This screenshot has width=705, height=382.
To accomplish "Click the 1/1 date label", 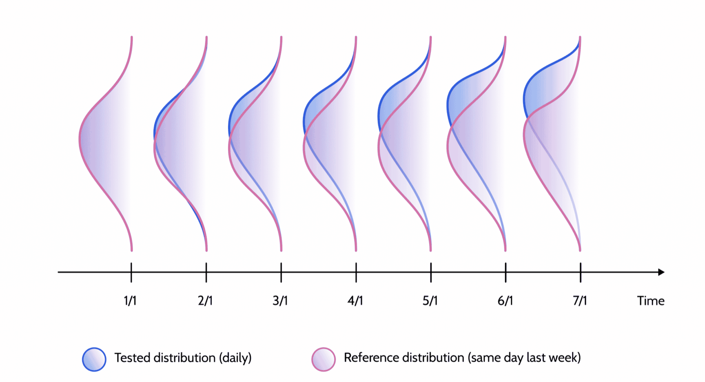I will (x=130, y=301).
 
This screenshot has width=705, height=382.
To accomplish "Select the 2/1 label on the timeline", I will (x=205, y=301).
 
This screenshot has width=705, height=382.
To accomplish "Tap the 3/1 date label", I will (x=280, y=301).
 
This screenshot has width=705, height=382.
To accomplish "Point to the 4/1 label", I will (x=355, y=301).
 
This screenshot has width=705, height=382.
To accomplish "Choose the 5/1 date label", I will (x=430, y=301).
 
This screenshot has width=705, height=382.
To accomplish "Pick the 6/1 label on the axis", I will (x=505, y=301).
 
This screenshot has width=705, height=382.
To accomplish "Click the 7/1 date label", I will (x=580, y=301).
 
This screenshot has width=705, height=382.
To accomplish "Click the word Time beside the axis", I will (x=651, y=301).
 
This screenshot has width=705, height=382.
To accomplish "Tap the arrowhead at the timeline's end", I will (x=661, y=272).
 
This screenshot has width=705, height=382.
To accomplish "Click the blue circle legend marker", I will (x=94, y=359).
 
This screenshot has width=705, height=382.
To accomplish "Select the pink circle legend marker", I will (x=323, y=359).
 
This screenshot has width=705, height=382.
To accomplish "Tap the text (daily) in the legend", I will (x=235, y=358).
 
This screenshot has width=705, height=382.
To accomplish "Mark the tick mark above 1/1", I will (x=131, y=272).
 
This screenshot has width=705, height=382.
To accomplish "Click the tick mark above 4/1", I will (x=356, y=272).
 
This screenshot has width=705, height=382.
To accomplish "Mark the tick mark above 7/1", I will (x=581, y=272).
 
